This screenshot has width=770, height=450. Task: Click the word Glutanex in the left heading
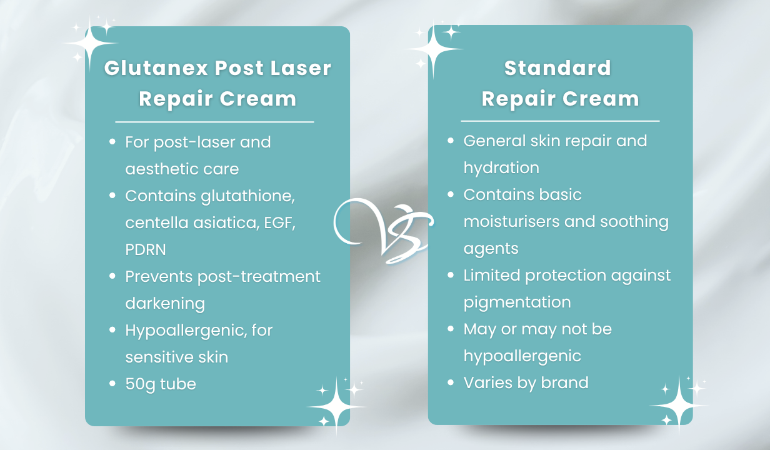156,67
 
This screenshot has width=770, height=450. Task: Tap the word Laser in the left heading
301,67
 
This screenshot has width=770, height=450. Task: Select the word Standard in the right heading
557,67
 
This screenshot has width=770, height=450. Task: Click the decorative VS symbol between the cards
383,231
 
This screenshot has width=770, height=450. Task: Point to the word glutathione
248,197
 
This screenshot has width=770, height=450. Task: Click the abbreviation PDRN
146,249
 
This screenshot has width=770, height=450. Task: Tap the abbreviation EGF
279,222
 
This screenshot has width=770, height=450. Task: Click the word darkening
165,304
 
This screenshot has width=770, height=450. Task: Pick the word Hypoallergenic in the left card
186,331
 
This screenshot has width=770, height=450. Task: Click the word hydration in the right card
501,168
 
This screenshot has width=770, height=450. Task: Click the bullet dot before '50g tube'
112,383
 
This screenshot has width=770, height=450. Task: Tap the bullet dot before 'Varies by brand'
451,382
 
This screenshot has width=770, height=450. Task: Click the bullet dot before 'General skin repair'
451,141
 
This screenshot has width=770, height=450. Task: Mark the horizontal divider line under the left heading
214,122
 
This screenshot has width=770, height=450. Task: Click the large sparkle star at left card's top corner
90,43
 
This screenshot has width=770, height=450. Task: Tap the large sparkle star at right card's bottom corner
679,406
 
